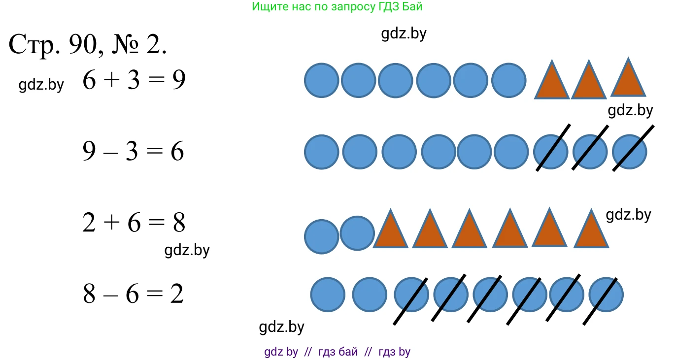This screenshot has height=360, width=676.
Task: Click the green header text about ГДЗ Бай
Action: (337, 7)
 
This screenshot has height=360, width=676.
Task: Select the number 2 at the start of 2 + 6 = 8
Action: (89, 223)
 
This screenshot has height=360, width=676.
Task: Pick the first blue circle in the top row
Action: (322, 80)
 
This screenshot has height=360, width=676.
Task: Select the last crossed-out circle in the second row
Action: (629, 152)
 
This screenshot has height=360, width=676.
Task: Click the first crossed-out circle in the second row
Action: (551, 152)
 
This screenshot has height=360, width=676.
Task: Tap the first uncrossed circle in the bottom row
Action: (328, 295)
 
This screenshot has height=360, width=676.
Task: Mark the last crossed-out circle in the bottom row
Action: (606, 295)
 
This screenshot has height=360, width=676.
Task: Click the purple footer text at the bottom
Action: (337, 352)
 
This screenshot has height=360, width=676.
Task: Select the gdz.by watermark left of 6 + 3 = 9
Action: (41, 85)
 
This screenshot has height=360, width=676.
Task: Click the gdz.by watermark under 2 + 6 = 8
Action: (187, 250)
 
